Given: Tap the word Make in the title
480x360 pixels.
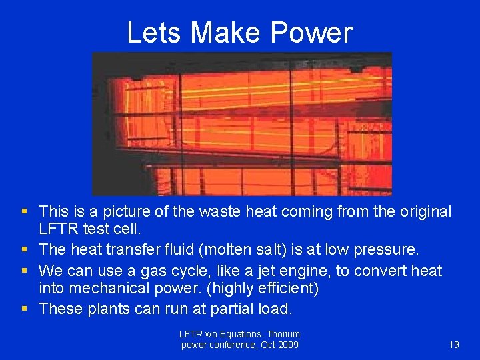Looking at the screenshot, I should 224,32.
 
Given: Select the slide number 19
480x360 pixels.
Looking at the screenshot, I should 454,345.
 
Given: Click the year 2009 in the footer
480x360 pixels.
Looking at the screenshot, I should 287,345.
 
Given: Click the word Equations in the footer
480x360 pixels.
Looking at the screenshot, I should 243,334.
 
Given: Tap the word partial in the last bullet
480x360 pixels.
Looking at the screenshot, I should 234,309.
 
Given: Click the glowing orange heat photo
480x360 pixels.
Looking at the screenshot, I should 241,124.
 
